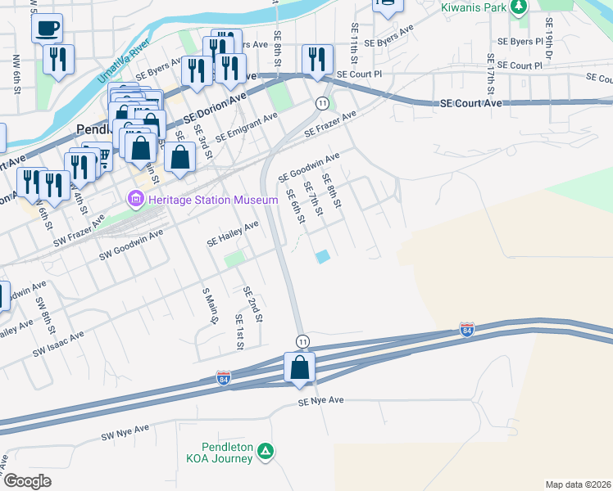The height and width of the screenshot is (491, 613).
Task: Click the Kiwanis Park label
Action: coord(470,7)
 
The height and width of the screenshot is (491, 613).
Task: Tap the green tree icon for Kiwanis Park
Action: coord(518,8)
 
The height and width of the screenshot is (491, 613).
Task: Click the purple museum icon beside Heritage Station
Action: coord(134,199)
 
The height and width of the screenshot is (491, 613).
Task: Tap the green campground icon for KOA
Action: coord(265,451)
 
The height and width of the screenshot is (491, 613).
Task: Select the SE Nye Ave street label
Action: coord(320,401)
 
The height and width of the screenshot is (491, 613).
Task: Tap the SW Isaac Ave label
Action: coord(58,344)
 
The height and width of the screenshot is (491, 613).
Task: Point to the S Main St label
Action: coord(210,305)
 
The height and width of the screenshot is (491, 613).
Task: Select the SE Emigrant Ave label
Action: coord(246,126)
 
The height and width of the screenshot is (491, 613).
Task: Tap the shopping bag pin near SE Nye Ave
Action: coord(300,367)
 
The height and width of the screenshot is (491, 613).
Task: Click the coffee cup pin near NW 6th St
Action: coord(47,28)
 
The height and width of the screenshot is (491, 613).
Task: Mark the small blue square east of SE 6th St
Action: coord(323,257)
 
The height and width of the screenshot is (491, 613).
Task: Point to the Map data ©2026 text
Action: coord(578,484)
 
